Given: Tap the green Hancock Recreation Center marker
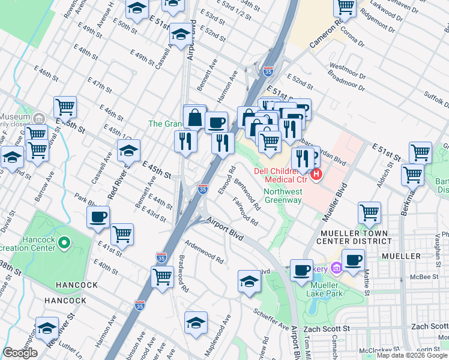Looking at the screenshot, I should pos(64,244).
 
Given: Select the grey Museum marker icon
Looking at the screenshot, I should pos(40,118).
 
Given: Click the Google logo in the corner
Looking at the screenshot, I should pos(20,353).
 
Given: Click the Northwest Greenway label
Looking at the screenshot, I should pos(283,196).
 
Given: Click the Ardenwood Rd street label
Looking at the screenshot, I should pos(204,253).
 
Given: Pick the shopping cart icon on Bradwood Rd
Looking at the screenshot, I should pos(163,277).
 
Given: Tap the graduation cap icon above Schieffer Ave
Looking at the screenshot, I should pos(249,281).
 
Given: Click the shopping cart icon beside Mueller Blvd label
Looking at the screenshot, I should pos(369,212).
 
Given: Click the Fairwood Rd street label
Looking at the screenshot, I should pos(245,213).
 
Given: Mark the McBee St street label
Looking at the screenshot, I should pos(421,277).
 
